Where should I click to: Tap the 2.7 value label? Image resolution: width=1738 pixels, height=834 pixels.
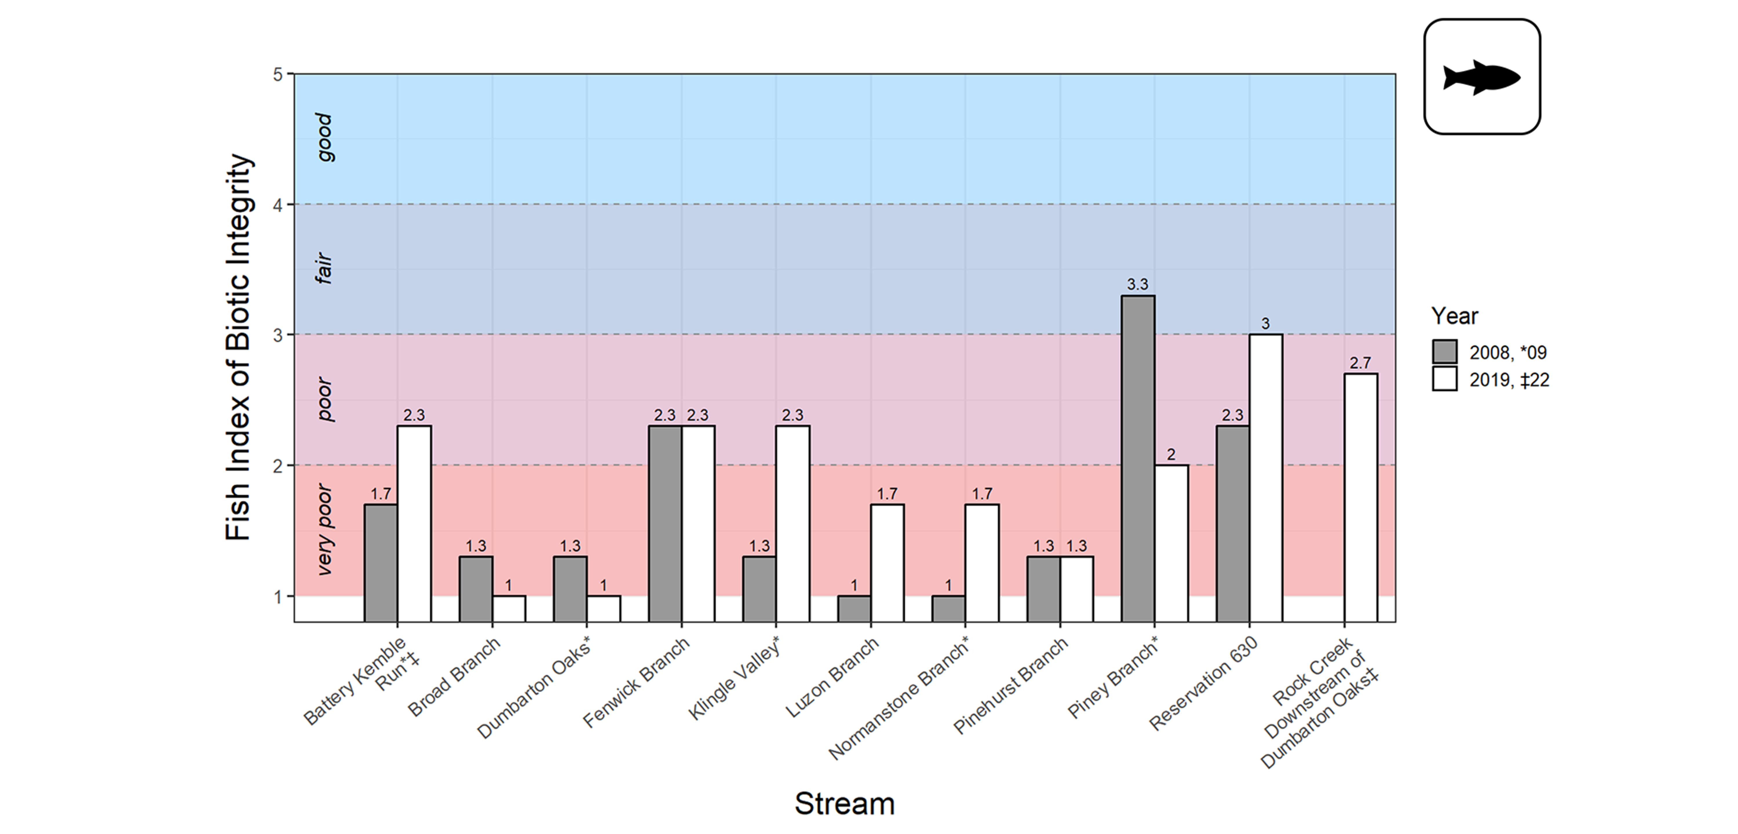(1360, 363)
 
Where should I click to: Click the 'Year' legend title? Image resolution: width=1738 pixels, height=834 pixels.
(1455, 316)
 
